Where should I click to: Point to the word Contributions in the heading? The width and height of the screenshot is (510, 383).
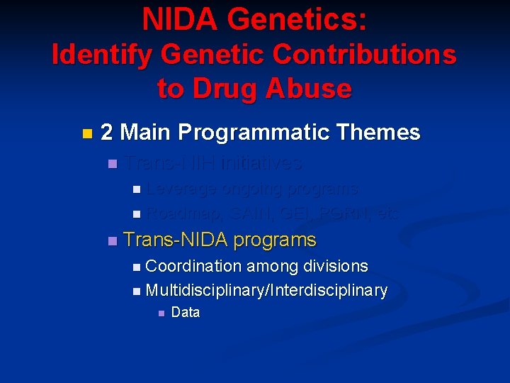pyautogui.click(x=361, y=55)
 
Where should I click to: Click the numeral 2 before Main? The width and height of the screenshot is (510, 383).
pyautogui.click(x=107, y=133)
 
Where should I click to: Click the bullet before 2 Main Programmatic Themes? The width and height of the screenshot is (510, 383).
pyautogui.click(x=86, y=133)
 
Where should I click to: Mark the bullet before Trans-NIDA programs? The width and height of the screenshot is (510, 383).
pyautogui.click(x=111, y=241)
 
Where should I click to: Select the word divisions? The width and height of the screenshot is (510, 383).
pyautogui.click(x=336, y=267)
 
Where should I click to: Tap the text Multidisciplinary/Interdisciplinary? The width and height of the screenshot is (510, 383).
pyautogui.click(x=266, y=291)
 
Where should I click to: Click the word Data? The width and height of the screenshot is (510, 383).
pyautogui.click(x=186, y=313)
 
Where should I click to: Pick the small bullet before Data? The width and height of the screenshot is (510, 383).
pyautogui.click(x=161, y=313)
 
